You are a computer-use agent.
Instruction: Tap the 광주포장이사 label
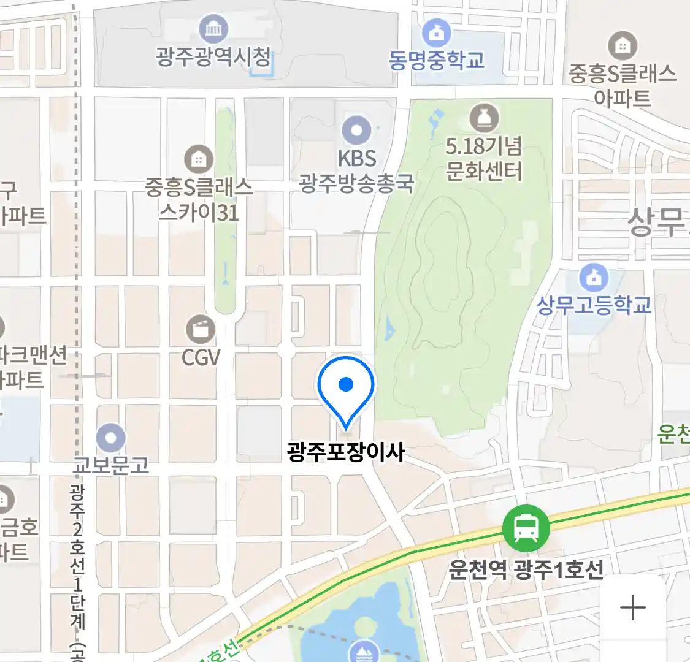pos(346,452)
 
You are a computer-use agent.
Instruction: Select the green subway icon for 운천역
pos(526,527)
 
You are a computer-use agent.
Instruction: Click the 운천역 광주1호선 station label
pos(526,569)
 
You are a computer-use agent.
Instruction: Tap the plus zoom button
pos(632,608)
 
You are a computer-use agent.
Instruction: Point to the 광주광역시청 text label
pos(213,57)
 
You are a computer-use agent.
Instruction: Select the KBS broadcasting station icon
pos(356,131)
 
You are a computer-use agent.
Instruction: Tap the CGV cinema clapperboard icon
pos(200,330)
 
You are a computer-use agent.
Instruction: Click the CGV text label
pos(201,357)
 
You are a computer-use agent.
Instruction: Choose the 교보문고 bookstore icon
pos(111,438)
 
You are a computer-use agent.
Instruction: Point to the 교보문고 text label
pos(111,465)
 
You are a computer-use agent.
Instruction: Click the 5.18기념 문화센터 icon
pos(484,118)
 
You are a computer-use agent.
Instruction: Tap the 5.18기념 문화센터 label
pos(484,159)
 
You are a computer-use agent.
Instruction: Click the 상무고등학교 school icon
pos(593,278)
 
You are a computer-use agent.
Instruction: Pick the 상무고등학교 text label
pos(593,305)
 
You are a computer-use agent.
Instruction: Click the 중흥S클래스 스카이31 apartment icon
pos(199,159)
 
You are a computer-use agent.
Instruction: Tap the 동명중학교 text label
pos(436,60)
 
